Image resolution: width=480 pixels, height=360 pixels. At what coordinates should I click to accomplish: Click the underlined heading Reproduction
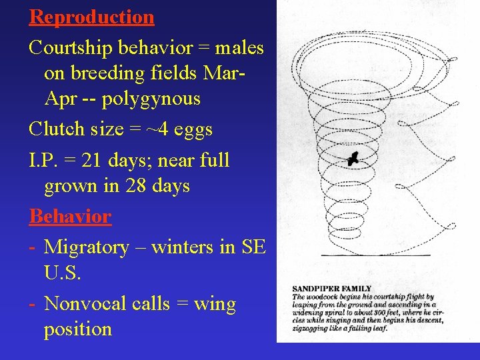91,17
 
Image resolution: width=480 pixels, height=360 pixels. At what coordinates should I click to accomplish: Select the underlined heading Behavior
70,217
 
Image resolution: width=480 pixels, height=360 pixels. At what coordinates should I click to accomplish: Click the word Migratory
86,247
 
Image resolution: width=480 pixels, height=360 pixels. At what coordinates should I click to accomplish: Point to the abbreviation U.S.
62,273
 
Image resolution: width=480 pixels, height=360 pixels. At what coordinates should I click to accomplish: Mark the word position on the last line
77,329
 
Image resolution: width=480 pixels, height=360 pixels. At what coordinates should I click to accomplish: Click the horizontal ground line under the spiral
375,255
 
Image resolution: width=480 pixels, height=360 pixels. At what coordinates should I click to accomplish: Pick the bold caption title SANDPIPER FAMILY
331,289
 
